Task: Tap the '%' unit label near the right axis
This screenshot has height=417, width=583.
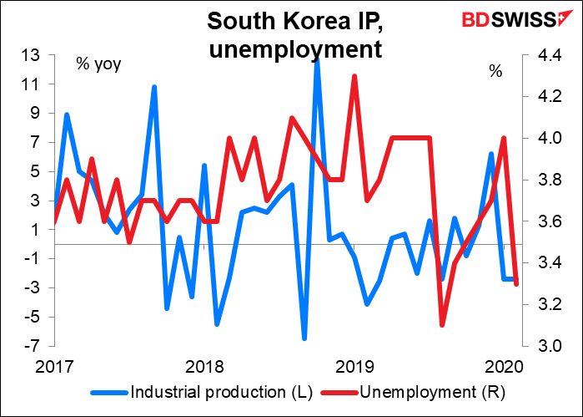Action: [x=495, y=72]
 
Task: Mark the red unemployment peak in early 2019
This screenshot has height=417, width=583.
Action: [x=354, y=76]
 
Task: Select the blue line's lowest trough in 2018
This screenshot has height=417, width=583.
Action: [x=304, y=338]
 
